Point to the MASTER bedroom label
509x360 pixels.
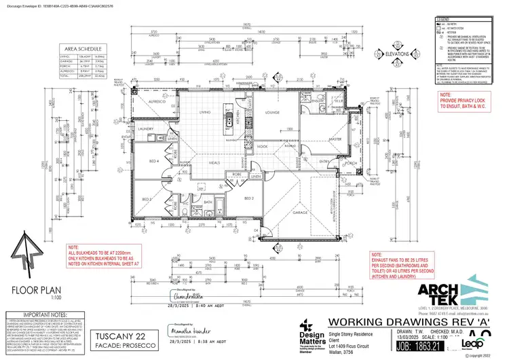point(335,139)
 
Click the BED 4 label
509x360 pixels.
point(153,161)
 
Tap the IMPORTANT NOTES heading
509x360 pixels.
point(34,315)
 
